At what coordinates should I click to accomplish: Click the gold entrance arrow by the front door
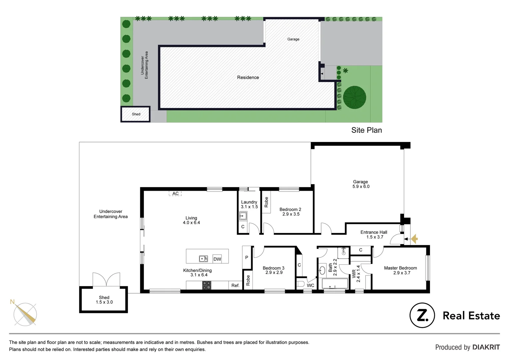(414, 239)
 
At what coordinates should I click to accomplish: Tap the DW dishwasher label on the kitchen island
(217, 259)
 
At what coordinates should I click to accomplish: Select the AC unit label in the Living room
(175, 194)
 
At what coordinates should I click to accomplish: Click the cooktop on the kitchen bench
(207, 285)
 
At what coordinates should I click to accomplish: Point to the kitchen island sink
(203, 259)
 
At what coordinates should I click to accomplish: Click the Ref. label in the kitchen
(235, 285)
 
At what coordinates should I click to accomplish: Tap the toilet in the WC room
(300, 284)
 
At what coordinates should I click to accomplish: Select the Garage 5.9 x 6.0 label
(361, 184)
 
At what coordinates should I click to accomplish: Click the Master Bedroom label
(400, 270)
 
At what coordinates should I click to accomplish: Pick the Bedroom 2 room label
(290, 212)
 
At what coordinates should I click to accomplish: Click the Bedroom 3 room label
(273, 270)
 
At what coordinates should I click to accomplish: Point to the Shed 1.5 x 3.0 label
(104, 300)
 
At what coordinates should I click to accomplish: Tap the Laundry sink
(243, 216)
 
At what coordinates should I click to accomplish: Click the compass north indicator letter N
(12, 302)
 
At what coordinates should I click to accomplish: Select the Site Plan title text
(366, 130)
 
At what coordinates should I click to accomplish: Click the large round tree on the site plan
(354, 98)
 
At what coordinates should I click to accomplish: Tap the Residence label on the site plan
(248, 77)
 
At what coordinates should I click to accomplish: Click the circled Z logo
(422, 315)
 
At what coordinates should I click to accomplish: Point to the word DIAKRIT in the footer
(486, 347)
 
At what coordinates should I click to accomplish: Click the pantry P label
(247, 257)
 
